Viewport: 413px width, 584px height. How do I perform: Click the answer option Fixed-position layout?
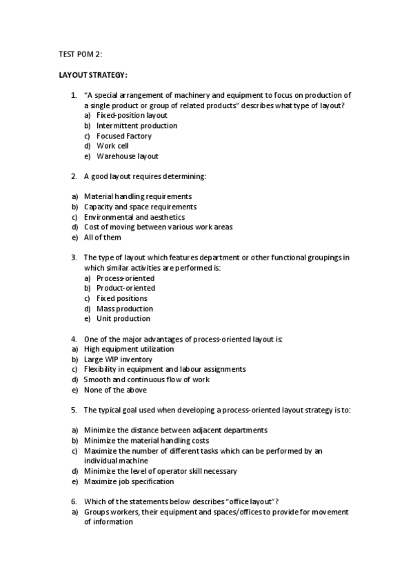(x=132, y=116)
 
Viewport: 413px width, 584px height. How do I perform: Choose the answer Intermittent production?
(x=137, y=126)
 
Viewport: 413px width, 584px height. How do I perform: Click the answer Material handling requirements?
(x=138, y=196)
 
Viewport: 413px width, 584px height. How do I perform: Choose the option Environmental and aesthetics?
(x=134, y=217)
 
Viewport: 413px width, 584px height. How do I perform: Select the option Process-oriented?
(x=125, y=278)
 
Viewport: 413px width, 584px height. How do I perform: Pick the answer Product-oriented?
(x=125, y=288)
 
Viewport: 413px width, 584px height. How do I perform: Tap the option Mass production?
(x=125, y=309)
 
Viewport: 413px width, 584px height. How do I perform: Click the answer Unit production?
(x=123, y=319)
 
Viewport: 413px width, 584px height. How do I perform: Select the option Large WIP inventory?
(x=119, y=359)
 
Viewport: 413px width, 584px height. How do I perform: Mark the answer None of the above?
(x=115, y=390)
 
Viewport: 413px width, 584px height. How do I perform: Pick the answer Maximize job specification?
(x=129, y=481)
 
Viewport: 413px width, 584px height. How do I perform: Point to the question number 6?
(x=74, y=500)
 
